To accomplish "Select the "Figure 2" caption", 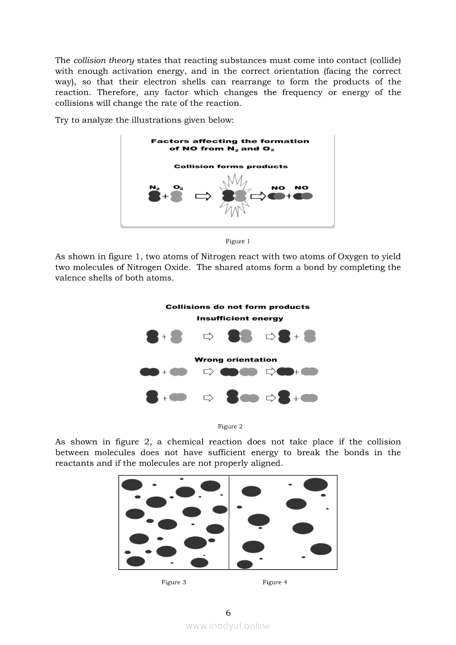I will [230, 426].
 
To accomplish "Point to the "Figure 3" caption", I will [173, 582].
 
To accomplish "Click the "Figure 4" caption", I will [275, 582].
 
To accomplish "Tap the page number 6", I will [228, 612].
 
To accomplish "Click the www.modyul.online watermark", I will [228, 626].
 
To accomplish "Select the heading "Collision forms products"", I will [230, 166].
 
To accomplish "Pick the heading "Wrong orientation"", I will [236, 360].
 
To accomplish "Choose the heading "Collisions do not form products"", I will [237, 307].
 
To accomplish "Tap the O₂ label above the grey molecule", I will [178, 188].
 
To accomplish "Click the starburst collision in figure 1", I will [234, 196].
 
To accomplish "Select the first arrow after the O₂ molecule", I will [203, 196].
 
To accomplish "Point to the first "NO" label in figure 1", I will [278, 188].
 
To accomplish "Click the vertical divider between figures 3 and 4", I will [229, 522].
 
